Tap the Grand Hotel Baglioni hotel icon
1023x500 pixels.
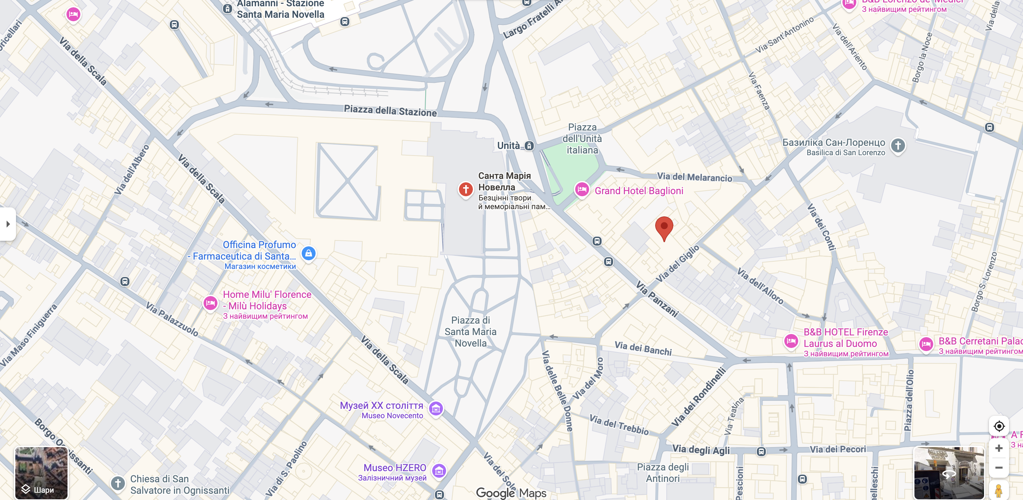(582, 189)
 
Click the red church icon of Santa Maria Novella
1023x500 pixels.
(466, 189)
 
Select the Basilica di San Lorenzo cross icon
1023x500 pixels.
(897, 145)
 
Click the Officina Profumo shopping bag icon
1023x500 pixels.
(308, 253)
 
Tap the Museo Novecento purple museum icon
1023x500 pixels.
(436, 408)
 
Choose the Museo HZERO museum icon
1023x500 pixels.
(439, 471)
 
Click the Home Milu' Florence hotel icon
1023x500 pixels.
(210, 303)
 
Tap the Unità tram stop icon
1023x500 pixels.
(529, 145)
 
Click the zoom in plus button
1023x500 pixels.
(998, 448)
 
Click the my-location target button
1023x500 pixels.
(998, 426)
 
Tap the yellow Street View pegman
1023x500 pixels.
(998, 490)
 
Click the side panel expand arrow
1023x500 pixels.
(8, 224)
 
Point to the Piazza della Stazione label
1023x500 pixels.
(390, 110)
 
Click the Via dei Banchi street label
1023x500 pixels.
(643, 348)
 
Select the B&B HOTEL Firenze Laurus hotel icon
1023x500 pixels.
(791, 341)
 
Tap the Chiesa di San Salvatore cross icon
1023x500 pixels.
(118, 483)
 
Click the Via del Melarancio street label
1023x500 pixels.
(694, 177)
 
